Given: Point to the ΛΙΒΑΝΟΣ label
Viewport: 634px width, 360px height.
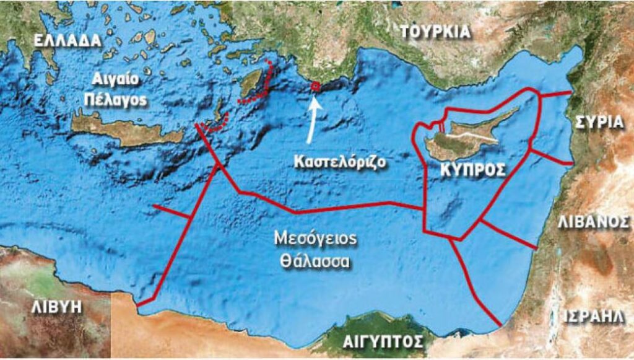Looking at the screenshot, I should (594, 222).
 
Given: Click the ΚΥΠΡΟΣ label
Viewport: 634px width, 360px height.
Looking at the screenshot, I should (474, 170).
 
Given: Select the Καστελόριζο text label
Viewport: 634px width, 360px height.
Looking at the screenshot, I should (341, 162).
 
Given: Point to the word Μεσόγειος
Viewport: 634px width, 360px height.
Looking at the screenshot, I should (316, 240).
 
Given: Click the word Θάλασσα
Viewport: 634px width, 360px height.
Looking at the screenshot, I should (315, 261).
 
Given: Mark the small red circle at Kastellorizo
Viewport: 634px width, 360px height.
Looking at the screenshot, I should (316, 87).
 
